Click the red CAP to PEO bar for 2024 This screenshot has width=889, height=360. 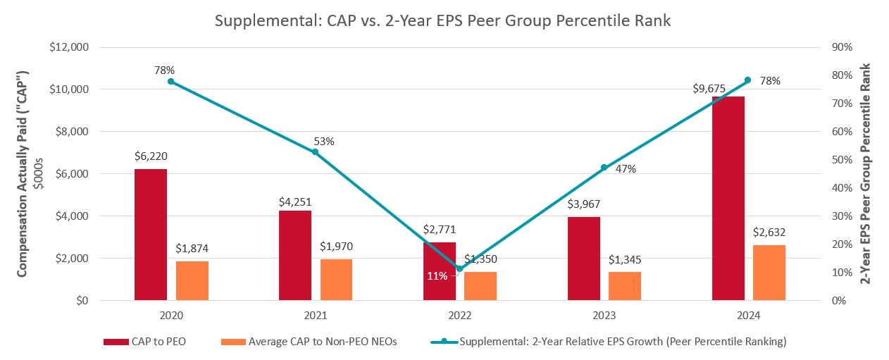728,199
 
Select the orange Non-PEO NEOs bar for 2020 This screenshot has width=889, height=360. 192,280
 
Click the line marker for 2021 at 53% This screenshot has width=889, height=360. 315,151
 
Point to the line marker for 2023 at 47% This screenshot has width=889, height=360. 604,168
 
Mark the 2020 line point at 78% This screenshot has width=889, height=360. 170,81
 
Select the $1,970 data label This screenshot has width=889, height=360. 337,246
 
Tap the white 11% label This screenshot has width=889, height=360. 436,276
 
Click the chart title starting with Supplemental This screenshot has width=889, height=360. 443,22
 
